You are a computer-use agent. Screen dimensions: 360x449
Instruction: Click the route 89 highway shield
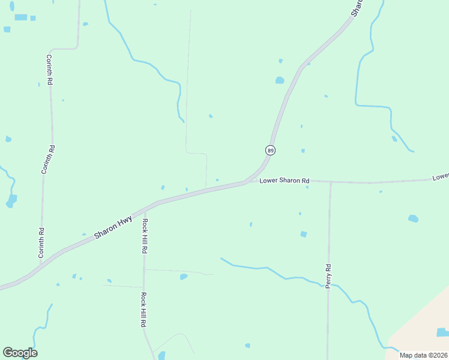pyautogui.click(x=271, y=150)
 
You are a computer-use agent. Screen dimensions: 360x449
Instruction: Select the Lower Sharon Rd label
pyautogui.click(x=284, y=181)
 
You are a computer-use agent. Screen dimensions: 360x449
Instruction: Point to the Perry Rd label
pyautogui.click(x=328, y=276)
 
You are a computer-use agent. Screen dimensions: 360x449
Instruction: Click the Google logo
pyautogui.click(x=20, y=353)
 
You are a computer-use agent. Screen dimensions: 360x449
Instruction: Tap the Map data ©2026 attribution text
pyautogui.click(x=423, y=355)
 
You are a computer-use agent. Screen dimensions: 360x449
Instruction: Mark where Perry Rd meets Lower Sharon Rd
pyautogui.click(x=330, y=182)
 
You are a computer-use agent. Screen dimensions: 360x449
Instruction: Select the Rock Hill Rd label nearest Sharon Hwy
pyautogui.click(x=145, y=235)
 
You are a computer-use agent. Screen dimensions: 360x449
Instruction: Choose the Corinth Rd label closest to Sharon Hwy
pyautogui.click(x=41, y=243)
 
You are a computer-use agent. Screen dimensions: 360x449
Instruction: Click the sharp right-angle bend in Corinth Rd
pyautogui.click(x=77, y=47)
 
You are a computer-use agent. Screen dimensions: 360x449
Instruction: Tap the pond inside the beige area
pyautogui.click(x=442, y=332)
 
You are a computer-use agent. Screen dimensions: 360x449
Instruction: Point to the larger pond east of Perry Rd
pyautogui.click(x=413, y=218)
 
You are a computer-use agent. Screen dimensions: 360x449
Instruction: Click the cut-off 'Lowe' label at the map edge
pyautogui.click(x=441, y=177)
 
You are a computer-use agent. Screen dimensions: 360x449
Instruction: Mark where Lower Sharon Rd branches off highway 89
pyautogui.click(x=246, y=181)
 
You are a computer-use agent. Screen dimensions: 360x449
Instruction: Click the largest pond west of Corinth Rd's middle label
pyautogui.click(x=11, y=200)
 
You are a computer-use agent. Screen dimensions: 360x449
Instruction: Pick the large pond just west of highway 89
pyautogui.click(x=280, y=80)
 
